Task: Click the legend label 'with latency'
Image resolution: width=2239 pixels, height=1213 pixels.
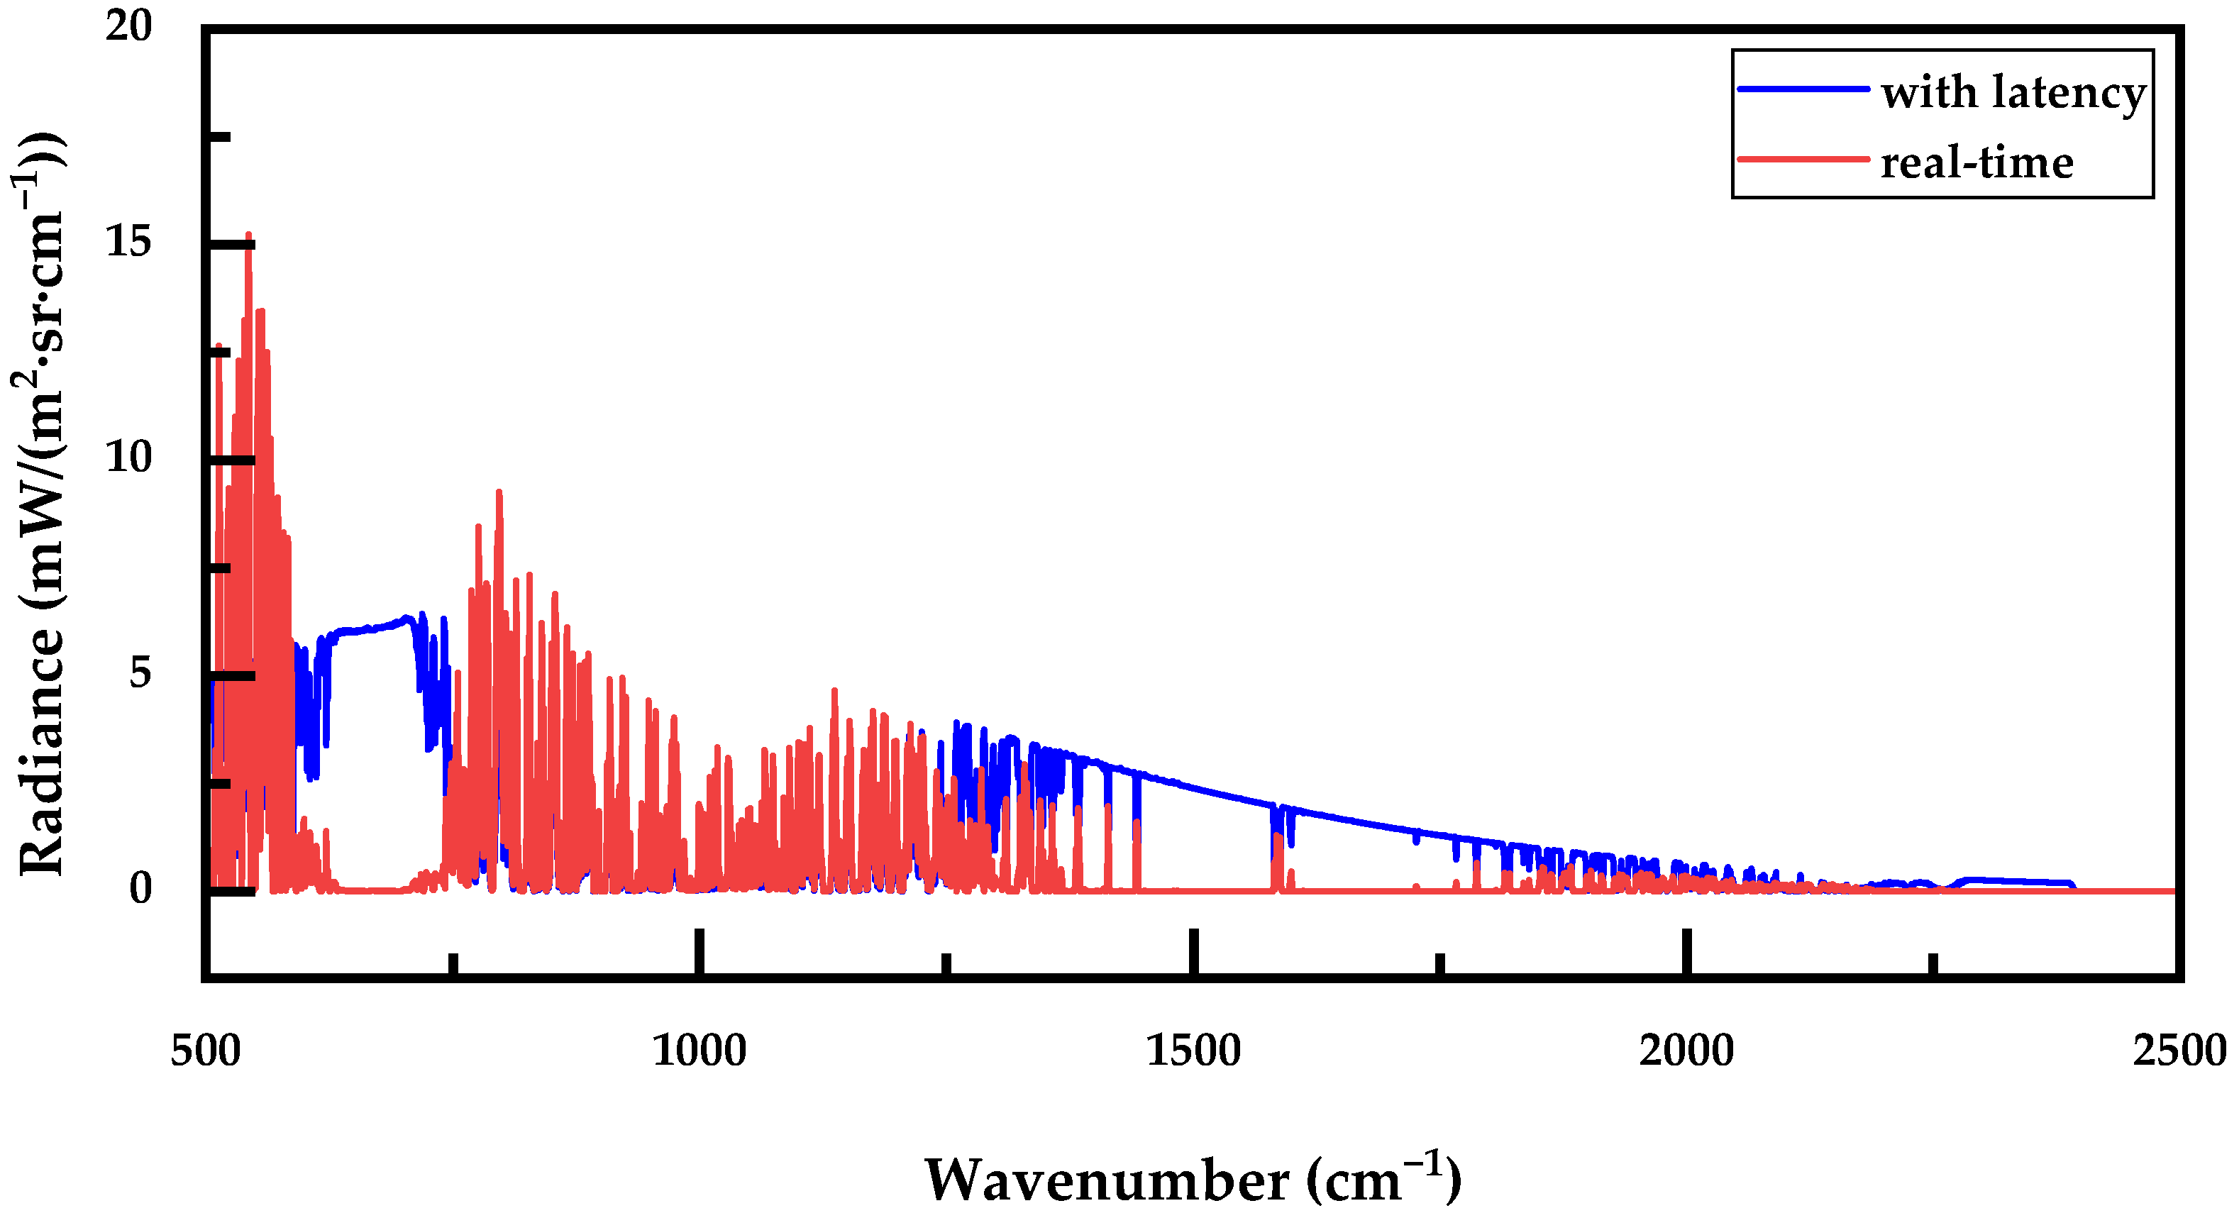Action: [x=2013, y=92]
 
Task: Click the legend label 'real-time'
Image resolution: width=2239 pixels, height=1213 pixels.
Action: [x=1977, y=162]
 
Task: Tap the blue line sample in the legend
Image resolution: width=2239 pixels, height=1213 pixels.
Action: [x=1803, y=89]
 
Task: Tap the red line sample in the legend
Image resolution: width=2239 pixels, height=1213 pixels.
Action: [x=1803, y=159]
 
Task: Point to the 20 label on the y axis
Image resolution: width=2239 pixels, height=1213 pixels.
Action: [x=128, y=26]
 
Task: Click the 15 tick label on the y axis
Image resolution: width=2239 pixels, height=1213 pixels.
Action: [x=128, y=242]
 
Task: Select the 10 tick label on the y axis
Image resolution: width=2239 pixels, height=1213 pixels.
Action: [x=128, y=457]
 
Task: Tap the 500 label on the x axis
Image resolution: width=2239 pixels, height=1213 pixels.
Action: [x=205, y=1051]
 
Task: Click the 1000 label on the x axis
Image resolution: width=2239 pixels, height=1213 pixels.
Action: [x=699, y=1051]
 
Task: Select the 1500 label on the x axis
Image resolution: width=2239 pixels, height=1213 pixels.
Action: [x=1193, y=1051]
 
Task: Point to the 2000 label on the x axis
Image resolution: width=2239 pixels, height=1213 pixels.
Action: [x=1686, y=1051]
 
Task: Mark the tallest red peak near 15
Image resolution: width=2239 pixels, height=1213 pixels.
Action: [x=248, y=236]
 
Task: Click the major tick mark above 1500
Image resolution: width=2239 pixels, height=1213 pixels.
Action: [x=1193, y=951]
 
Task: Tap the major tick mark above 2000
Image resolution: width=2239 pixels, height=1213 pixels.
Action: [x=1686, y=951]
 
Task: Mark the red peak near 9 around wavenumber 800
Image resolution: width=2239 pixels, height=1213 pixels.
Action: [x=499, y=493]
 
